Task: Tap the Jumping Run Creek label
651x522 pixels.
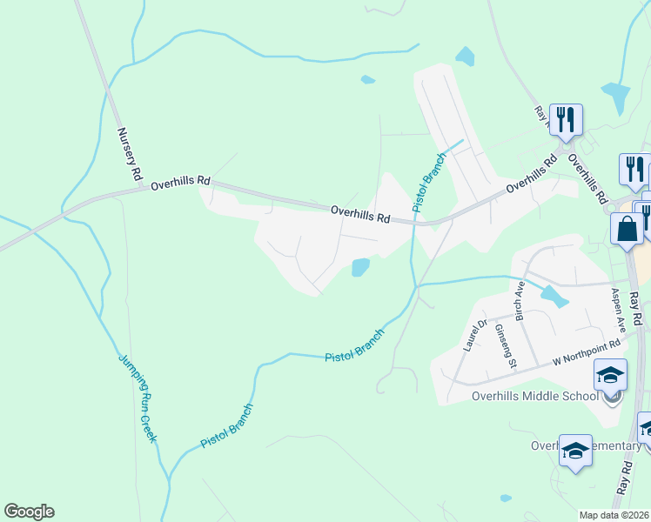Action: [x=138, y=398]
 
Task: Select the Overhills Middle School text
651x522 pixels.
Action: [x=534, y=396]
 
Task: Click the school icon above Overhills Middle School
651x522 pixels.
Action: [x=610, y=376]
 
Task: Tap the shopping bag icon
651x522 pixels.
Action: [x=627, y=230]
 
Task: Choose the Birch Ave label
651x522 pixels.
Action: [x=519, y=301]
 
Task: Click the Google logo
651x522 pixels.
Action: [x=29, y=512]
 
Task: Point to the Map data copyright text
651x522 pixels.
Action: [x=614, y=515]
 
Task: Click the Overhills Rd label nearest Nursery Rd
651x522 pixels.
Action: [x=180, y=184]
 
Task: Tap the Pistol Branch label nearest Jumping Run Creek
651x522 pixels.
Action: [x=226, y=426]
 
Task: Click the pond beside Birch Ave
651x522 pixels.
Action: [x=554, y=297]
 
